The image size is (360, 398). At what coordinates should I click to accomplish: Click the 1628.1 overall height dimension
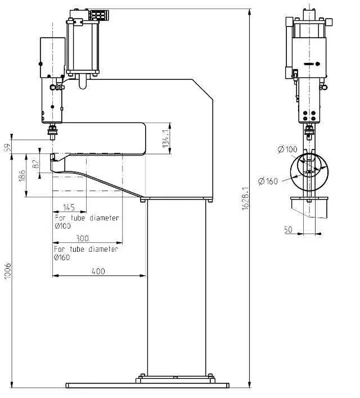point(245,199)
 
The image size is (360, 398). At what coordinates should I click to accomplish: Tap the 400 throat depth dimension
point(98,271)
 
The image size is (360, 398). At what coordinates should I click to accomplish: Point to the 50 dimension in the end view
point(288,229)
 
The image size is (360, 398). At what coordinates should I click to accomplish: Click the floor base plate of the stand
point(148,386)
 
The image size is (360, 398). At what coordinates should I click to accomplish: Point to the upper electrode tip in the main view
point(52,135)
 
